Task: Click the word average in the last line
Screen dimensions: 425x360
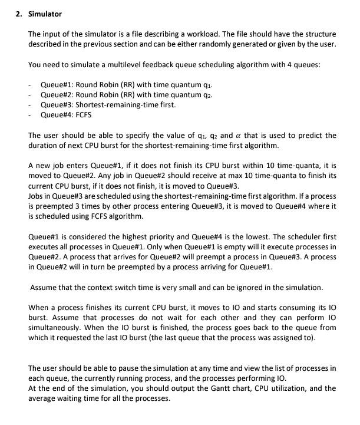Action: click(x=44, y=398)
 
